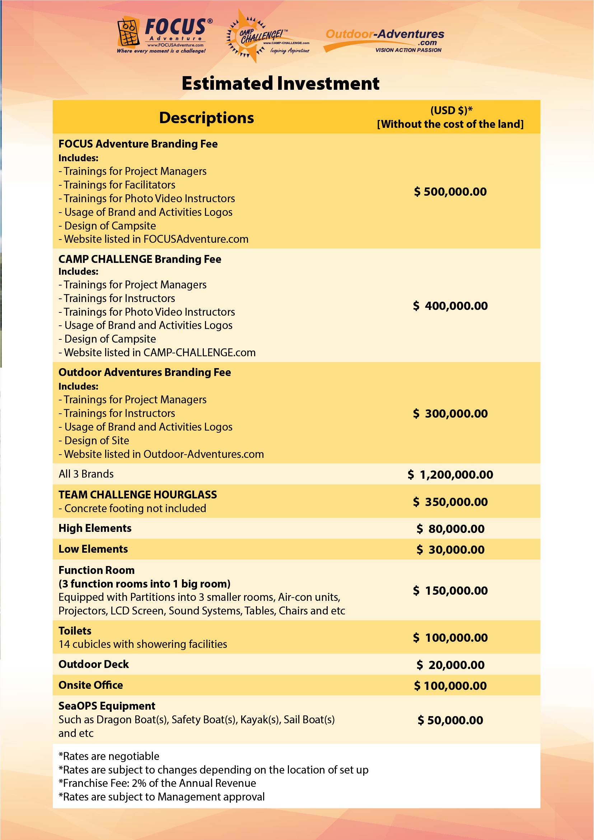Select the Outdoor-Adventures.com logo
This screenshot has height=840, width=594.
pos(384,40)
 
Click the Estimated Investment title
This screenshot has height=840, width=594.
pos(280,83)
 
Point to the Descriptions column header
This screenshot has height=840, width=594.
pos(206,118)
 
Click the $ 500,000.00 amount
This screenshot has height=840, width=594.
pos(450,192)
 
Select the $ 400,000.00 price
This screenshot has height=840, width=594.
pos(450,306)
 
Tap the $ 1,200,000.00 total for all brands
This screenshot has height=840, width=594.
pos(450,475)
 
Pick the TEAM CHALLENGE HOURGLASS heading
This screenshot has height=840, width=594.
pos(137,495)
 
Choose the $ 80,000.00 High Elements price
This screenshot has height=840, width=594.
pos(450,529)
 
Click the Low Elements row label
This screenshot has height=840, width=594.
pos(93,549)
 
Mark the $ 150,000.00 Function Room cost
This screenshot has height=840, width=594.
pos(450,591)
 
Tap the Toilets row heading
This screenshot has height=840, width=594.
pos(75,631)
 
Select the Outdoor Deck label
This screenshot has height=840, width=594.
pos(94,664)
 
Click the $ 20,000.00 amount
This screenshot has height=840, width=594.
pos(450,665)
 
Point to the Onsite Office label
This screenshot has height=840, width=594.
pos(91,685)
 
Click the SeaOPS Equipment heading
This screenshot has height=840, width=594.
pos(107,706)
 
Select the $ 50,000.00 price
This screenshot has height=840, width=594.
pos(450,720)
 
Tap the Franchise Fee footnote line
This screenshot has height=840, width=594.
pos(157,783)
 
